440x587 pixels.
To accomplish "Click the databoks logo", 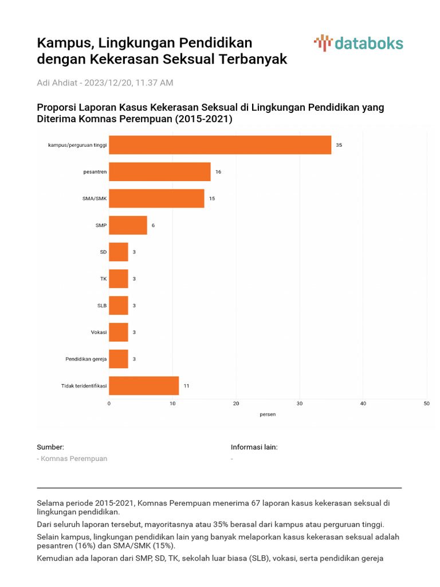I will tap(359, 43).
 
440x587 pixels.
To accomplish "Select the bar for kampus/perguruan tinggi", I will tap(220, 145).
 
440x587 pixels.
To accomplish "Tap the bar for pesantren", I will tap(160, 172).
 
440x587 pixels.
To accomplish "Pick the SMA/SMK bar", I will tap(156, 198).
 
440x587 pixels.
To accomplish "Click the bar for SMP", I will tap(128, 225).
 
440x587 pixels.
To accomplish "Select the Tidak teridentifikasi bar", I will tap(144, 386).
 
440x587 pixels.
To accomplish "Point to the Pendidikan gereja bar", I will tap(119, 359).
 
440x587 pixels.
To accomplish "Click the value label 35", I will tap(339, 145).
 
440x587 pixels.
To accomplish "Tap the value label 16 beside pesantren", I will tap(218, 172).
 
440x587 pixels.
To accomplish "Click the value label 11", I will tap(186, 386).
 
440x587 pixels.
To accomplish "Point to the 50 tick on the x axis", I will tap(426, 404).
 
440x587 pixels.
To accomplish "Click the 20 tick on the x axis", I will tap(236, 404).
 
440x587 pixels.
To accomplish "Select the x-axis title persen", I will tap(268, 414).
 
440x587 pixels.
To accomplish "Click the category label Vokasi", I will tap(99, 332).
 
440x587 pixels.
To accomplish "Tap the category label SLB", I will tap(101, 306).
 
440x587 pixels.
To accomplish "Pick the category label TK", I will tap(103, 279).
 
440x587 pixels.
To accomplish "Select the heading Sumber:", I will tap(50, 447).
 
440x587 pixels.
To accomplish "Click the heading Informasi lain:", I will tap(254, 447).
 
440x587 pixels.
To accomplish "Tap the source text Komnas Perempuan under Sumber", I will tap(74, 459).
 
